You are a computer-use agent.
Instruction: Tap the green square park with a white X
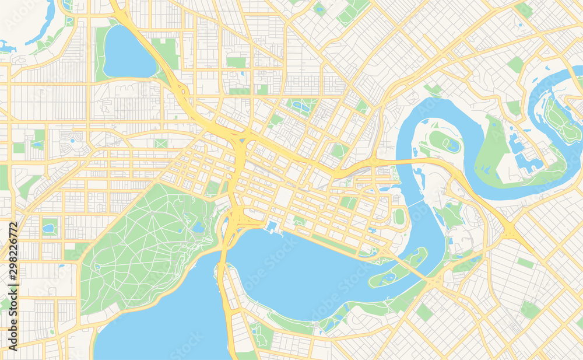(161, 143)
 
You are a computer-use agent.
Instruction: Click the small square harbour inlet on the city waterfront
(272, 226)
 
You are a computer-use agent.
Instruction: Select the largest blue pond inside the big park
(199, 227)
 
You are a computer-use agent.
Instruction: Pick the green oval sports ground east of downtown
(399, 216)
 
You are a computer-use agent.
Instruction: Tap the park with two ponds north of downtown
(301, 106)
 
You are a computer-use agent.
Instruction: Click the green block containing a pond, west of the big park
(50, 226)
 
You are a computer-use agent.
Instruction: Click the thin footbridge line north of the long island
(415, 205)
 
